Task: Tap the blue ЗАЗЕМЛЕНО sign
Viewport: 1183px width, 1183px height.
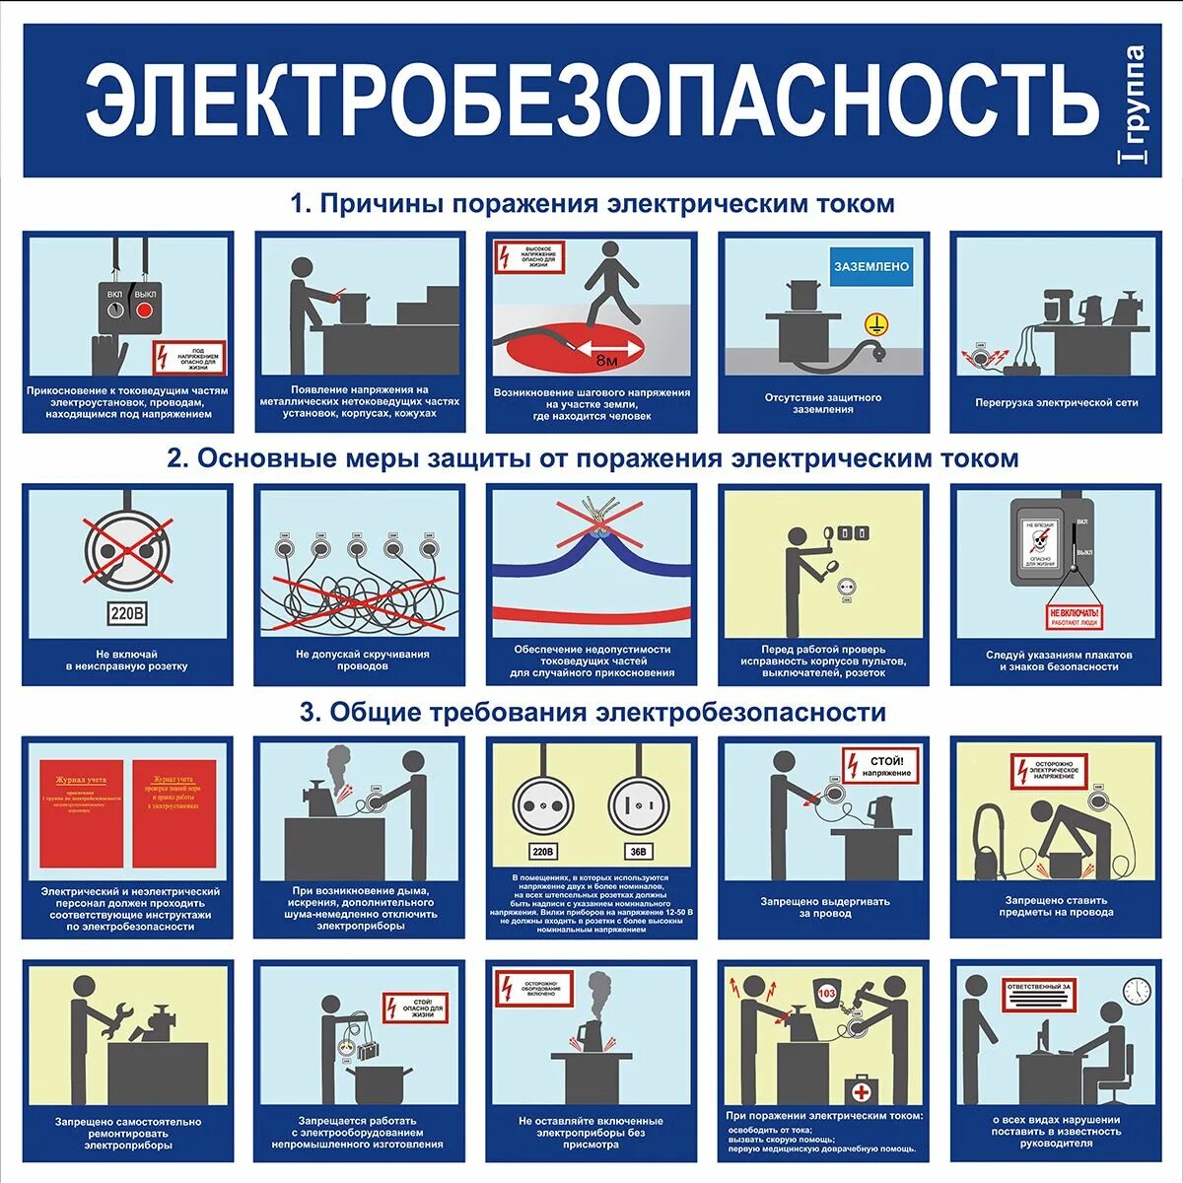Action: pos(871,267)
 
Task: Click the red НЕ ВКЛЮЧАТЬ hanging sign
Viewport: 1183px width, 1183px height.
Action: pos(1074,619)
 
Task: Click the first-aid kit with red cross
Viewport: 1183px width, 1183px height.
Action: pos(861,1091)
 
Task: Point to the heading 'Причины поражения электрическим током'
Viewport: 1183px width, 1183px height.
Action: pos(591,204)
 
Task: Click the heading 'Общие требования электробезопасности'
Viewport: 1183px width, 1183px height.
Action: pos(592,712)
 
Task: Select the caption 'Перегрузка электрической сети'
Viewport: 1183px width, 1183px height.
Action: pos(1056,402)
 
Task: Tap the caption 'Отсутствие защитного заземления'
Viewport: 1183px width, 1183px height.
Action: pos(823,403)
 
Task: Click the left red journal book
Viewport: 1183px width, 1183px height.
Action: pos(81,812)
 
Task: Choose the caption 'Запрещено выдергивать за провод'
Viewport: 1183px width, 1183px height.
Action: pos(824,907)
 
